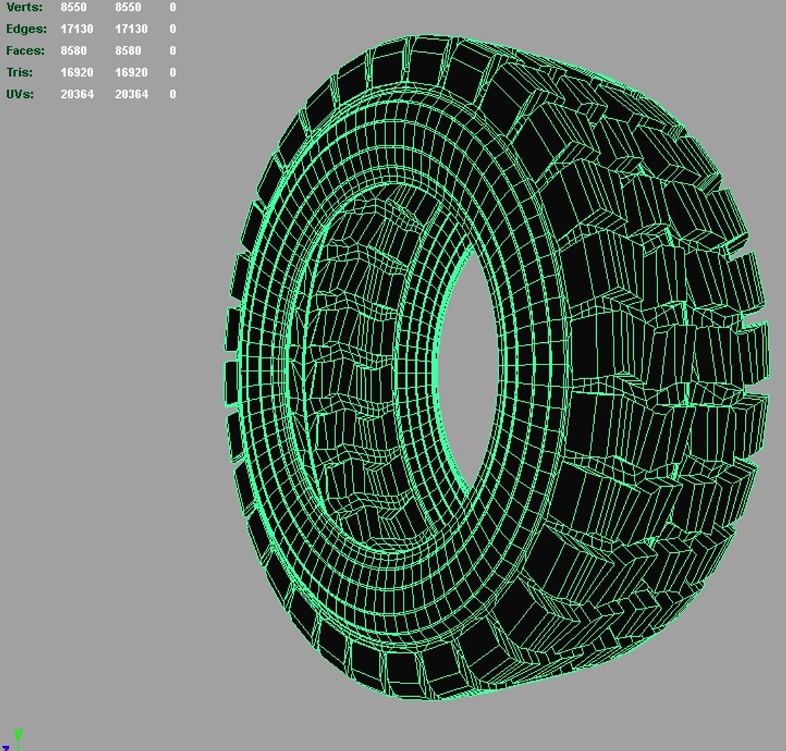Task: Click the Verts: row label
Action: pyautogui.click(x=24, y=7)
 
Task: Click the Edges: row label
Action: pyautogui.click(x=26, y=29)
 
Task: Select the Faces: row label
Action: pyautogui.click(x=25, y=51)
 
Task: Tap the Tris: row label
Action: pyautogui.click(x=19, y=72)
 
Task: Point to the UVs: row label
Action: pyautogui.click(x=19, y=94)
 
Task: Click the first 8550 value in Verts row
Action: pyautogui.click(x=74, y=7)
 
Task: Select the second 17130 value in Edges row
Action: pyautogui.click(x=131, y=29)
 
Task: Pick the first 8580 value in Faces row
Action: pyautogui.click(x=74, y=51)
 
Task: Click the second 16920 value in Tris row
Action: pyautogui.click(x=131, y=72)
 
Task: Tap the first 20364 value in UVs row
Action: pyautogui.click(x=77, y=94)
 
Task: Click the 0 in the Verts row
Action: pyautogui.click(x=173, y=7)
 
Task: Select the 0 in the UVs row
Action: pyautogui.click(x=173, y=94)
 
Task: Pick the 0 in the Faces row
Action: pyautogui.click(x=173, y=51)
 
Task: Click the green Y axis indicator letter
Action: pyautogui.click(x=18, y=734)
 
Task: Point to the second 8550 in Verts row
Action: pyautogui.click(x=128, y=7)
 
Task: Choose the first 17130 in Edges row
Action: pyautogui.click(x=77, y=29)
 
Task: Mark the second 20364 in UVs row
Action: pyautogui.click(x=131, y=94)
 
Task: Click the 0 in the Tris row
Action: pyautogui.click(x=173, y=72)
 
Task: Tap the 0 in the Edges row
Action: pyautogui.click(x=173, y=29)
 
